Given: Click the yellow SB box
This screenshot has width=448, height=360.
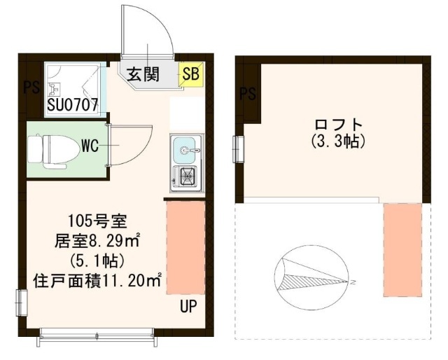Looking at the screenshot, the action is (190, 74).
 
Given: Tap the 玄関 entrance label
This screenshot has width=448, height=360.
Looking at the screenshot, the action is (143, 74).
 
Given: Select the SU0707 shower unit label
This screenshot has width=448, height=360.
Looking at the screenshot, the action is (73, 105).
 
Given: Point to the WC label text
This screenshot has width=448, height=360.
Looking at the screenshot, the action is (90, 146).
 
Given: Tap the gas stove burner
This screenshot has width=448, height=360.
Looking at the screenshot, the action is (188, 176).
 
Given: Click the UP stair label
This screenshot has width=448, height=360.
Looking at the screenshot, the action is (188, 306).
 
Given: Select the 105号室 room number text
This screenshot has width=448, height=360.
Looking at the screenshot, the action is (97, 221).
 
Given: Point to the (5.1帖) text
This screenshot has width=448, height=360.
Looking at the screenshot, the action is (97, 261).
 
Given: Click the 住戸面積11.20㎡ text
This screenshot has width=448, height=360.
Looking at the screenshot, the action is (97, 281).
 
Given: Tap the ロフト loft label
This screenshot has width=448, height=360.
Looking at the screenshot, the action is (339, 125).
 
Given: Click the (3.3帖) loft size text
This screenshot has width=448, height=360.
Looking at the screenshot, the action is (339, 141).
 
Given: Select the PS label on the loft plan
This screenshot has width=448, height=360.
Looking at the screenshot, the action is (247, 94).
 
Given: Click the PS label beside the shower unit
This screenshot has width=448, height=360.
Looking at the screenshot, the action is (31, 87).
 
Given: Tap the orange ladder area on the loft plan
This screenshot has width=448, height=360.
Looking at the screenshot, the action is (403, 250).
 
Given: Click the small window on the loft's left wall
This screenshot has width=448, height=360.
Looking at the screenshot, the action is (238, 149).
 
